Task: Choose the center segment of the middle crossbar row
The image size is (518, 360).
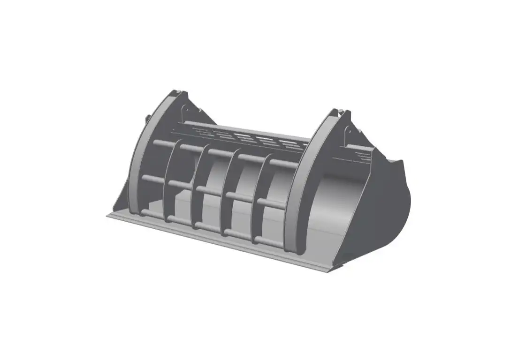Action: coord(213,192)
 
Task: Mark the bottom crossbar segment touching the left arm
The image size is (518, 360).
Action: coord(153,215)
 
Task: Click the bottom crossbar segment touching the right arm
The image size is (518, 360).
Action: coord(269,242)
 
